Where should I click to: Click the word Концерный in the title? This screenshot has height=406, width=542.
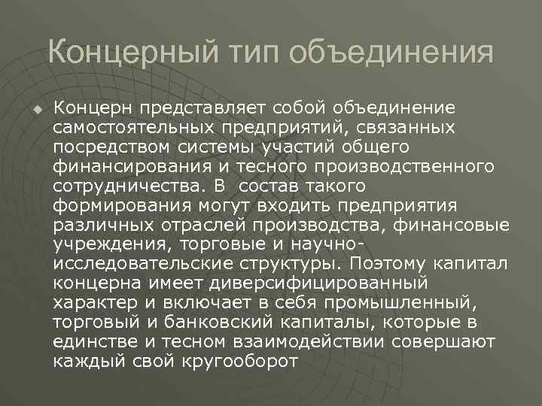tap(128, 53)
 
